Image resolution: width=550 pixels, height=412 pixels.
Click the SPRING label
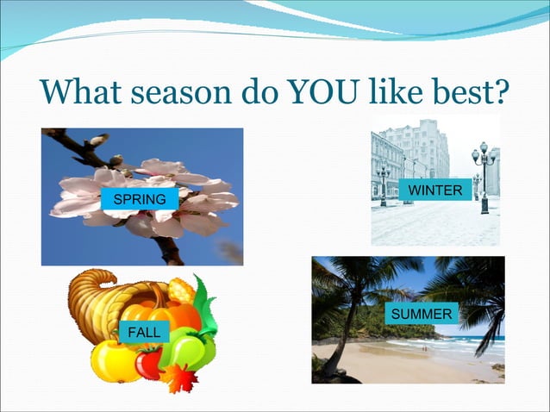click(139, 200)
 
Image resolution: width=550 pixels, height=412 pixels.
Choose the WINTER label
click(435, 190)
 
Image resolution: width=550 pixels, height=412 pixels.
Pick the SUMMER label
click(422, 314)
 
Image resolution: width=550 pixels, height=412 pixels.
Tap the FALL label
click(142, 333)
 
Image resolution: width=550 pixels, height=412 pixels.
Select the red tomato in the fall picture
click(149, 362)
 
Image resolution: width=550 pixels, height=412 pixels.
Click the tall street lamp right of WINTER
click(484, 177)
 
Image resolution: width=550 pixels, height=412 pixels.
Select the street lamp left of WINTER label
click(383, 183)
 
